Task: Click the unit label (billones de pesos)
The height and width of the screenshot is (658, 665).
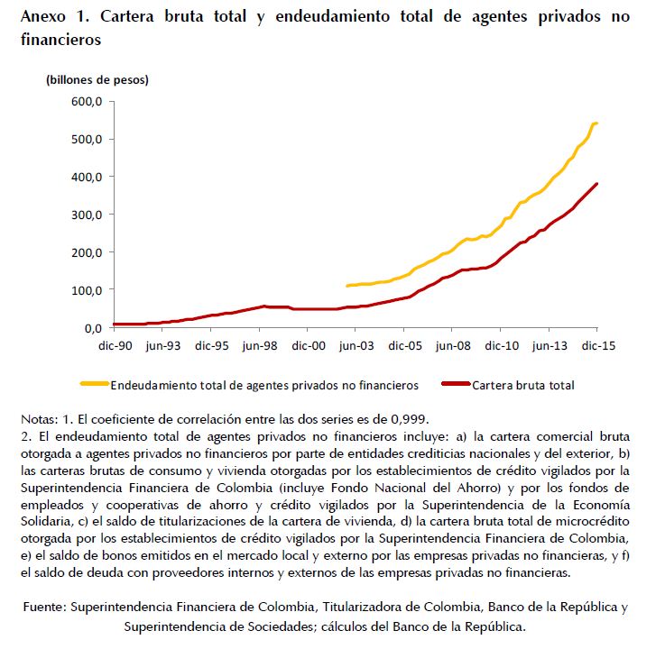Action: click(97, 79)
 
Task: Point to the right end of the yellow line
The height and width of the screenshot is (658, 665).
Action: click(596, 123)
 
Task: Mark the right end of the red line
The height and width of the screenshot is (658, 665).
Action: click(596, 184)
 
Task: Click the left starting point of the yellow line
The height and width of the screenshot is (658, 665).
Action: click(347, 286)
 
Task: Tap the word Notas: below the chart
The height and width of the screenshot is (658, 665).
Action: click(41, 418)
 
